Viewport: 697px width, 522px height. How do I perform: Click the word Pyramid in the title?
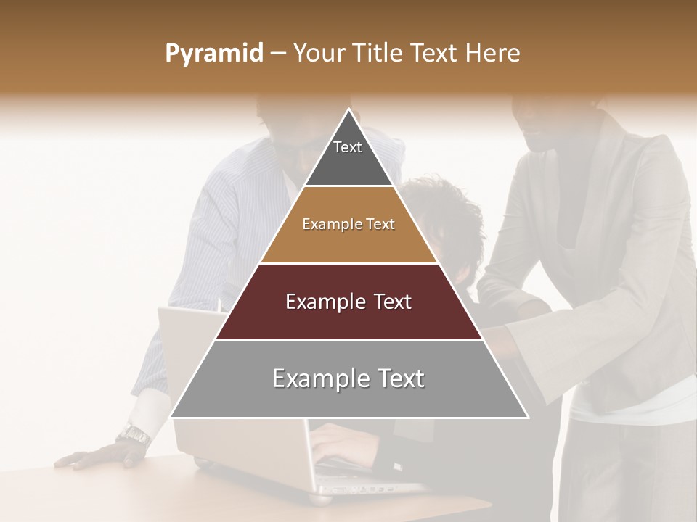click(x=214, y=54)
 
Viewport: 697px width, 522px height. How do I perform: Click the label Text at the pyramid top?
click(x=348, y=147)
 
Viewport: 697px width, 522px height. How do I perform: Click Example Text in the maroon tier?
click(x=348, y=302)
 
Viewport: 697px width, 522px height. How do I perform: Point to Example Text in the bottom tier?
click(x=348, y=378)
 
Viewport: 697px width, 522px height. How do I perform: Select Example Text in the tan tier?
click(x=348, y=224)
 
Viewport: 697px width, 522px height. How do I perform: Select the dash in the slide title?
click(x=278, y=54)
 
